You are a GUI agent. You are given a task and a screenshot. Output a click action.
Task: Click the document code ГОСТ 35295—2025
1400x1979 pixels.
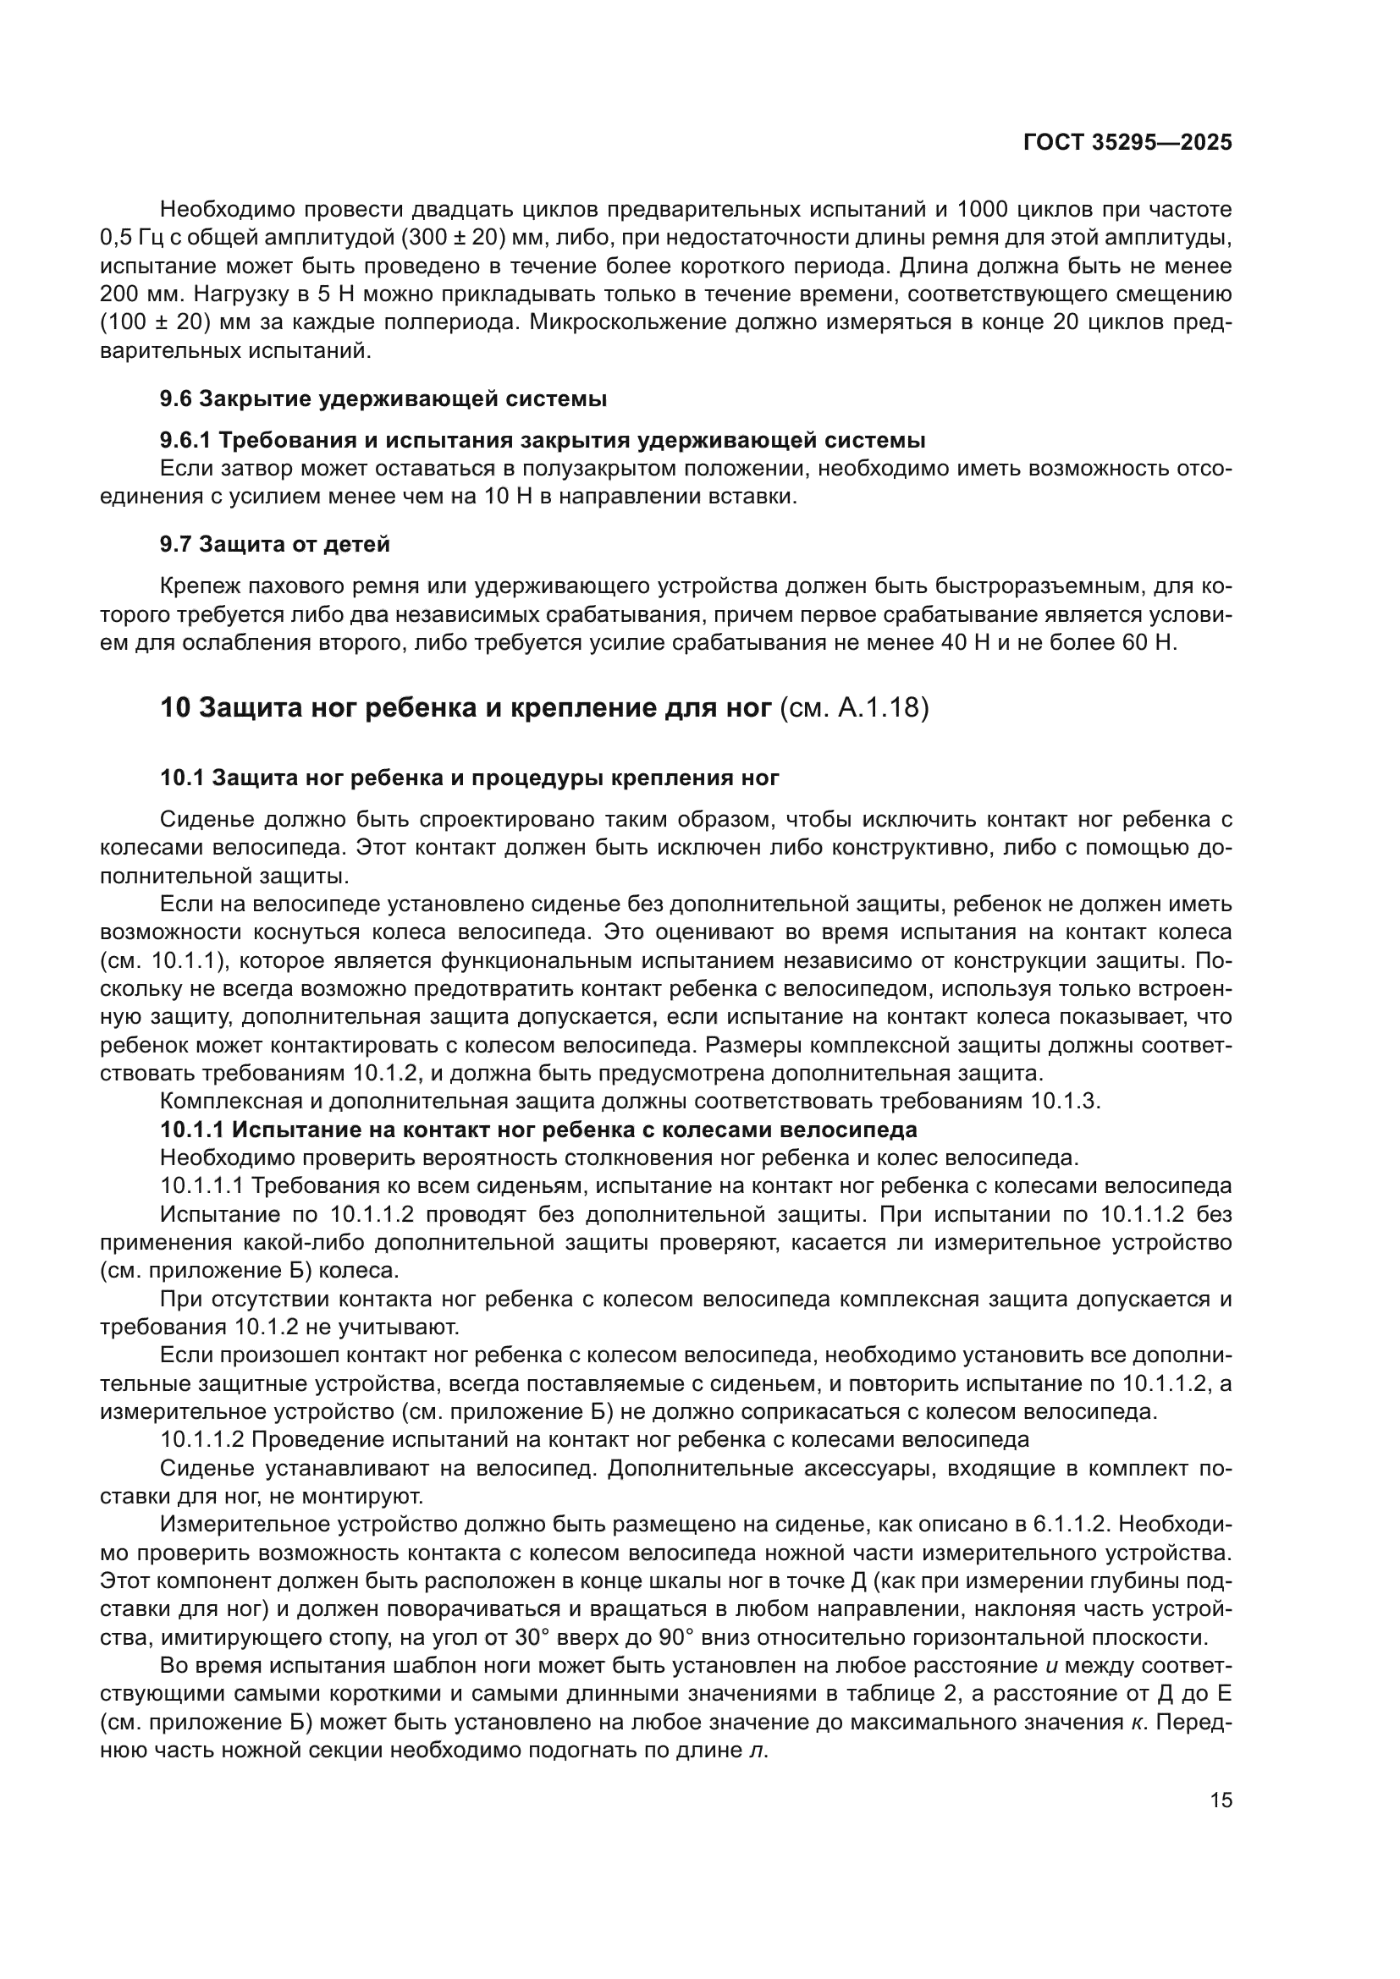1127,142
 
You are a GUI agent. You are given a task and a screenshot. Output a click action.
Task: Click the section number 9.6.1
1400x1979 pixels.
185,441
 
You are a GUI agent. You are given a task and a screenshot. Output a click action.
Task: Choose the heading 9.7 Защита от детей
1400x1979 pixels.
275,544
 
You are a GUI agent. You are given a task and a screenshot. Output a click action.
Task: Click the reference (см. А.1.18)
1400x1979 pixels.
853,708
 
